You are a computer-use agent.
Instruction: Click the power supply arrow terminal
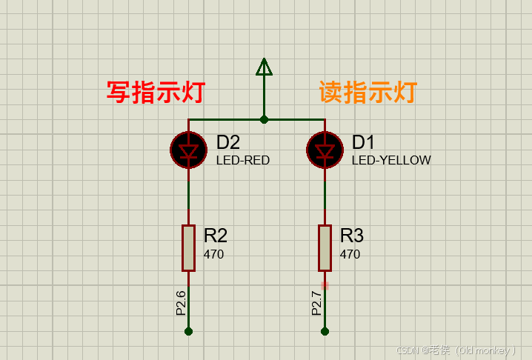[x=264, y=67]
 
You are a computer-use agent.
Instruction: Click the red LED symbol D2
[x=188, y=150]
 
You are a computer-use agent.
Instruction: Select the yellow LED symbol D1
[x=325, y=150]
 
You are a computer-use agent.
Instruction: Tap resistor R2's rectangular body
[x=188, y=247]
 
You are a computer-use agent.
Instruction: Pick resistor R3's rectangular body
[x=325, y=247]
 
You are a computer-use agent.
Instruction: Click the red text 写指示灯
[x=156, y=93]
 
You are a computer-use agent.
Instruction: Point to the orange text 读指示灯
[x=368, y=93]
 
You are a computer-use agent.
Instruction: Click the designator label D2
[x=228, y=142]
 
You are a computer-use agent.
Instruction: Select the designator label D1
[x=364, y=142]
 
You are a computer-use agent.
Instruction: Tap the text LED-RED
[x=243, y=160]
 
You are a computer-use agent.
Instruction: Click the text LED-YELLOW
[x=391, y=160]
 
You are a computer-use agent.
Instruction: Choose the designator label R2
[x=216, y=236]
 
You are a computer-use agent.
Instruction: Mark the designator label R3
[x=352, y=236]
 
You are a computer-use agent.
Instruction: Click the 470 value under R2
[x=214, y=255]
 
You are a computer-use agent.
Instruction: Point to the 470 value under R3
[x=350, y=255]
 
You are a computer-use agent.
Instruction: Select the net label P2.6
[x=181, y=302]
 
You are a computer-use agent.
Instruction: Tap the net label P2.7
[x=317, y=302]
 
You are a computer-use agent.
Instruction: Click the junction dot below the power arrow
[x=264, y=119]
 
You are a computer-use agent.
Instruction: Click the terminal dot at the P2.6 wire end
[x=188, y=331]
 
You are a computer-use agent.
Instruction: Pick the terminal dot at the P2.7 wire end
[x=325, y=331]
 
